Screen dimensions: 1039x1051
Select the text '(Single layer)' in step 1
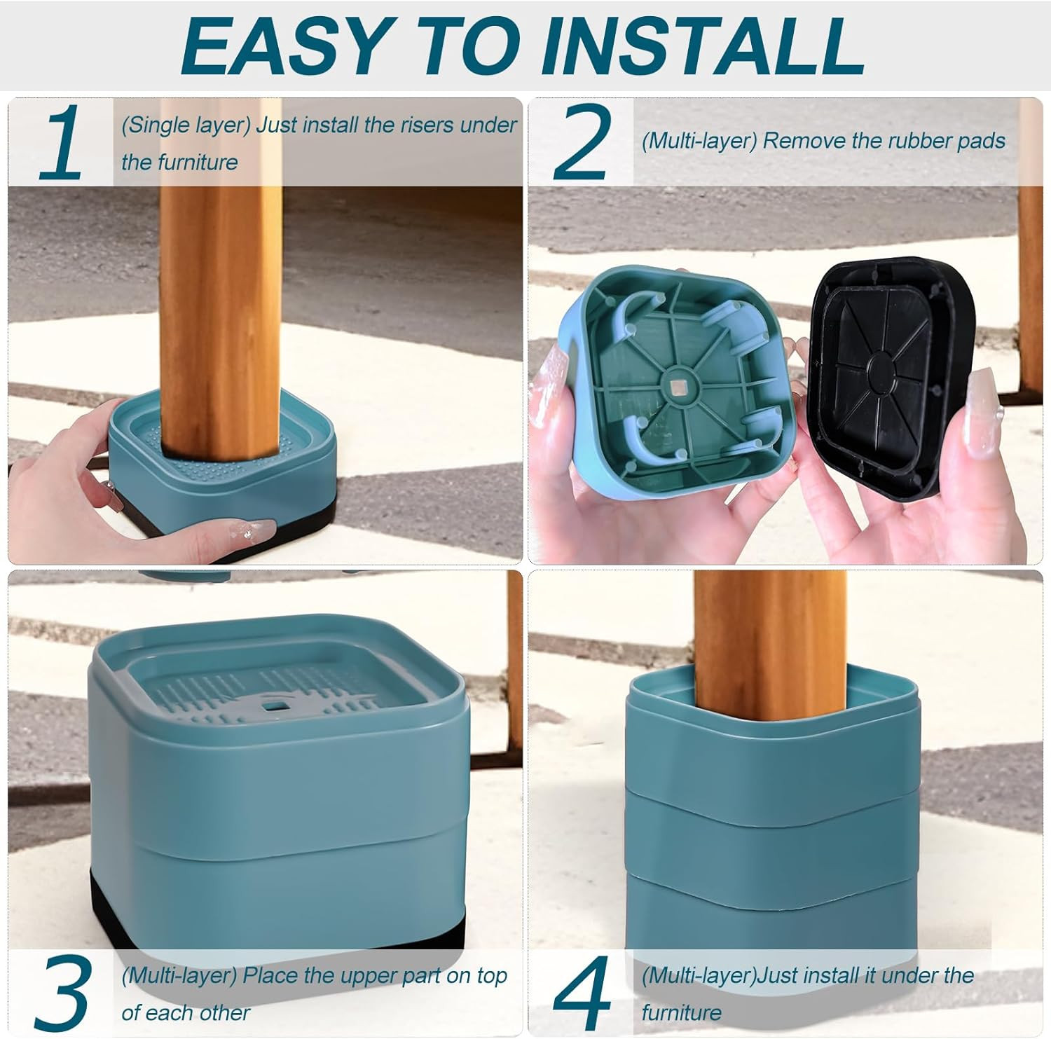(x=186, y=125)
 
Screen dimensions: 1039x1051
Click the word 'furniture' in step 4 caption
(x=681, y=1012)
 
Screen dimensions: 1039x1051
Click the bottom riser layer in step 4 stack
(x=771, y=911)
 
